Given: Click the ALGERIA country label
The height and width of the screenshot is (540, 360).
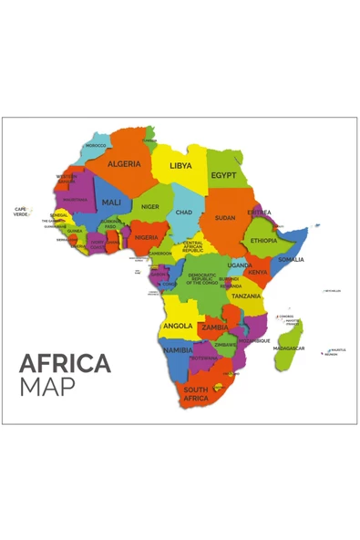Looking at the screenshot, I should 124,164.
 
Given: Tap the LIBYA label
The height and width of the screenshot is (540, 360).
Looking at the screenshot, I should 181,166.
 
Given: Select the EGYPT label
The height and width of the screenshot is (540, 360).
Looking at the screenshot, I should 223,175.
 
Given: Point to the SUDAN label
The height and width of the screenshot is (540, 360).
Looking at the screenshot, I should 224,218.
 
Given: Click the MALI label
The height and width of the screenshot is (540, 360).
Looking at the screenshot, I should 111,202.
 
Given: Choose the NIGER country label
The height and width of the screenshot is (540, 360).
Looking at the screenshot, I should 150,207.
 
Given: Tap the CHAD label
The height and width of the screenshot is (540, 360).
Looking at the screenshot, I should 184,212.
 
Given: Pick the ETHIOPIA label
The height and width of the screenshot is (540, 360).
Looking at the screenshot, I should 264,241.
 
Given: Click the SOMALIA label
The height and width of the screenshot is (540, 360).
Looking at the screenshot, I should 291,259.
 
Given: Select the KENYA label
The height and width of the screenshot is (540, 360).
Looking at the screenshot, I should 258,272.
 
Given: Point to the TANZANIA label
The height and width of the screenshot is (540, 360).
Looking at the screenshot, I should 246,296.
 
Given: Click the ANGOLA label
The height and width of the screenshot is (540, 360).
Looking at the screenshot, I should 178,326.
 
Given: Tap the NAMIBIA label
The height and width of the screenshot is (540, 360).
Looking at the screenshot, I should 178,349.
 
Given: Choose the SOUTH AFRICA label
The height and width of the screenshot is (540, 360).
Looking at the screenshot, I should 196,394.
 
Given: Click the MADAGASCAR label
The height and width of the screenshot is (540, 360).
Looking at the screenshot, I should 289,348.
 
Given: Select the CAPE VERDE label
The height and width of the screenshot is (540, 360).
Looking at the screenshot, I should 20,212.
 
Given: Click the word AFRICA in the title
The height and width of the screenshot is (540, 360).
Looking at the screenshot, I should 65,363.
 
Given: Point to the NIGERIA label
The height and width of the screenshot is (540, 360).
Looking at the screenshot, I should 147,237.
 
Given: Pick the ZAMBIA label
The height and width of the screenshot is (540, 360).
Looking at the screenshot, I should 215,327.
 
